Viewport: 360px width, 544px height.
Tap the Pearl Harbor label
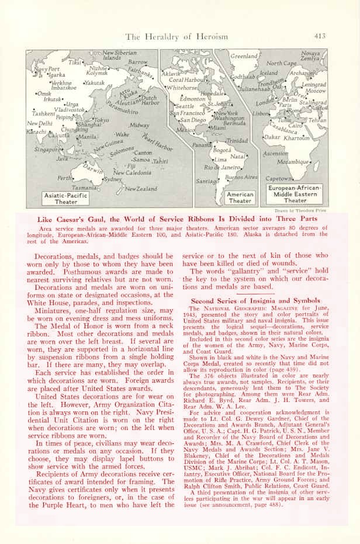[159, 139]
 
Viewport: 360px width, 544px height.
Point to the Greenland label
[244, 56]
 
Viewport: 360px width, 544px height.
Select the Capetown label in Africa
[279, 178]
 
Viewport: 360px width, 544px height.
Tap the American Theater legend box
[240, 197]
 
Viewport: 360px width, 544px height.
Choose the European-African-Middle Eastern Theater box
[295, 194]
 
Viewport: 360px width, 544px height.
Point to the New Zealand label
[141, 189]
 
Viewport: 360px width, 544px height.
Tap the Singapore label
[46, 149]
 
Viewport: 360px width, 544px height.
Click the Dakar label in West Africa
[272, 137]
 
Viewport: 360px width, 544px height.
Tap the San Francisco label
[187, 113]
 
